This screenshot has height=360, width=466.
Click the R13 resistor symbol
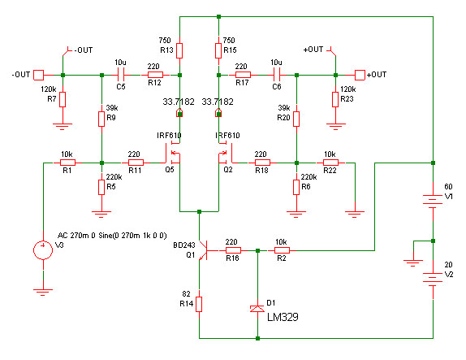click(x=179, y=50)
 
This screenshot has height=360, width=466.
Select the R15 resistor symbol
click(x=218, y=50)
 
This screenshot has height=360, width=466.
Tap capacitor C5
click(x=121, y=75)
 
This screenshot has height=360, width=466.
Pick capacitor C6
click(x=277, y=75)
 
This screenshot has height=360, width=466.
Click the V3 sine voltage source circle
click(x=43, y=250)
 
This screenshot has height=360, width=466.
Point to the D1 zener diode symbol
click(x=257, y=309)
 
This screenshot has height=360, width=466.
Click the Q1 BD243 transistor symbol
click(x=204, y=250)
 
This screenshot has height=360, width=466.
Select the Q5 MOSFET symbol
click(x=173, y=154)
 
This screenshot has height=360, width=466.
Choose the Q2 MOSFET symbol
click(x=226, y=154)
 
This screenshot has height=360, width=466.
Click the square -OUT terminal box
click(x=38, y=75)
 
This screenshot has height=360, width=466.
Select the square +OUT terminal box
click(x=360, y=75)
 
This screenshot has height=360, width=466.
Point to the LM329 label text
click(x=283, y=317)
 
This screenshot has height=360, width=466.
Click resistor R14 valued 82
click(x=199, y=304)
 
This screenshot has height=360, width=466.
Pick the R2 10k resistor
click(x=282, y=250)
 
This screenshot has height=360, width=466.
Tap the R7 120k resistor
click(x=63, y=99)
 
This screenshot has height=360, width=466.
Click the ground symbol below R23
click(x=335, y=127)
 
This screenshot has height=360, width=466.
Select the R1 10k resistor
click(x=67, y=163)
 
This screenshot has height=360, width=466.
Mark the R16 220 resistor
click(x=233, y=250)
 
